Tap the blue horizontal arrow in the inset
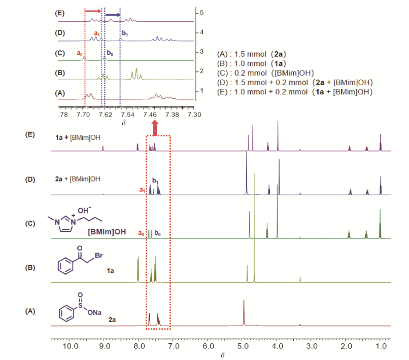pyautogui.click(x=112, y=15)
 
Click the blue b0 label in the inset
pyautogui.click(x=110, y=53)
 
